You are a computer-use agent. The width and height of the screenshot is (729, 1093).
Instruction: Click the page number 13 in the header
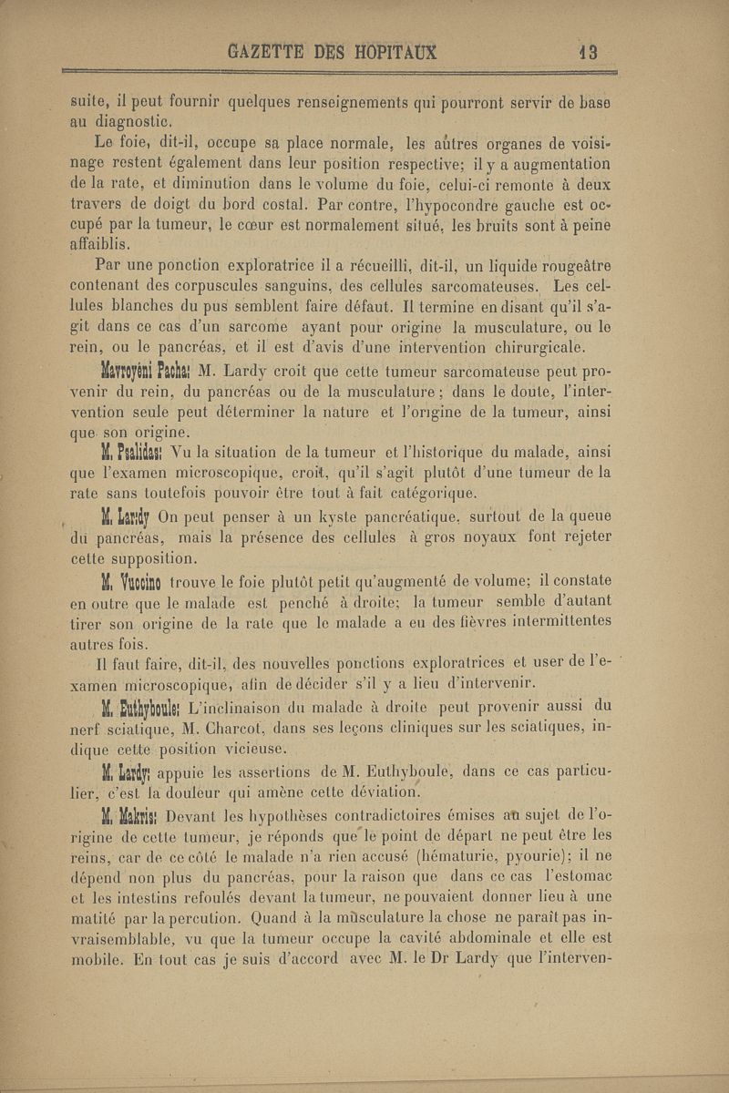tap(588, 53)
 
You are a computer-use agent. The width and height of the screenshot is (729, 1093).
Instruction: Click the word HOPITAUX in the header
tap(386, 53)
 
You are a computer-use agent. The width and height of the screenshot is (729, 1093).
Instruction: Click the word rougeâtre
tap(567, 266)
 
